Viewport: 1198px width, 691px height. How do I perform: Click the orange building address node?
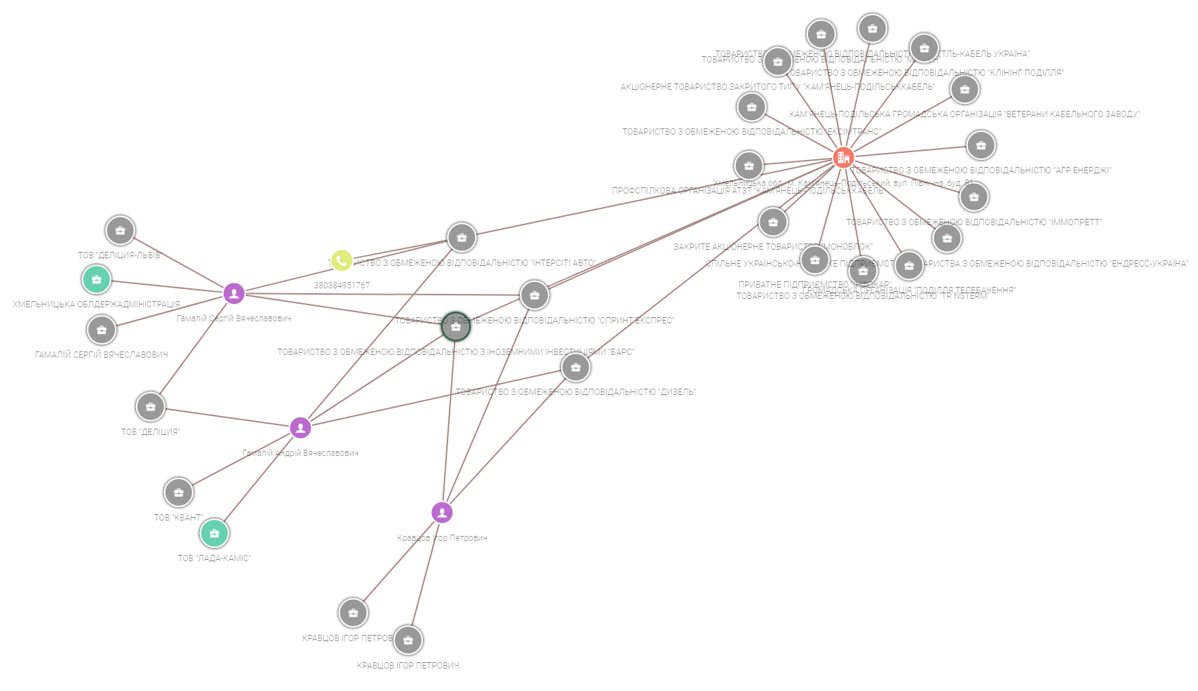tap(843, 158)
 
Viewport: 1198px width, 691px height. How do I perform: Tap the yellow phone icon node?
tap(342, 261)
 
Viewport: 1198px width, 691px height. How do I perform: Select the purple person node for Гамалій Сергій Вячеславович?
tap(234, 293)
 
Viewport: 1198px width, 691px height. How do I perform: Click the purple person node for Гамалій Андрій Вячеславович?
tap(300, 427)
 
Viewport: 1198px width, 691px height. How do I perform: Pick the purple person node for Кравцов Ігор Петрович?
tap(442, 513)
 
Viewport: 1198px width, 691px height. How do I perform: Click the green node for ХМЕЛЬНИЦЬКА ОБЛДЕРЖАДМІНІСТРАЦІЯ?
tap(97, 280)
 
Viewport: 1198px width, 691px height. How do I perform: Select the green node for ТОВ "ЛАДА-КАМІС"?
tap(215, 534)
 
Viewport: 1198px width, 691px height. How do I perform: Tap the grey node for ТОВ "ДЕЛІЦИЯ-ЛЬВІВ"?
tap(120, 230)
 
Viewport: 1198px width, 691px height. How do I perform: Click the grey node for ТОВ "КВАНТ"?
tap(179, 492)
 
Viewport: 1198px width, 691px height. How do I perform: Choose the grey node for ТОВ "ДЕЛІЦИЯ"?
tap(150, 406)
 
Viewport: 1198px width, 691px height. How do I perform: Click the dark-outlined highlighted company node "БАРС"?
tap(456, 327)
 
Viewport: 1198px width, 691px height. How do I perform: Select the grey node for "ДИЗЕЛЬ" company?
tap(576, 367)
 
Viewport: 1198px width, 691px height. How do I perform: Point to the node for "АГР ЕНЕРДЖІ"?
tap(981, 145)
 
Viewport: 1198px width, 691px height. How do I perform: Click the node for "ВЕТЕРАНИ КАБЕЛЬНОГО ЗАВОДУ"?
tap(965, 89)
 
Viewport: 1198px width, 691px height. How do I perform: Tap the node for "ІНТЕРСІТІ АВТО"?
tap(462, 238)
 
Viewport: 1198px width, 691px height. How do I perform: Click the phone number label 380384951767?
tap(342, 286)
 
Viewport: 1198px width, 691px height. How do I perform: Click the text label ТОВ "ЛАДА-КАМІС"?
tap(214, 558)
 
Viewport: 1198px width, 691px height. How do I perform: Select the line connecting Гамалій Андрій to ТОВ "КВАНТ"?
tap(238, 460)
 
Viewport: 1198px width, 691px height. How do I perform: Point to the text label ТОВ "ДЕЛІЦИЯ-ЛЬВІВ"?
tap(119, 255)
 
